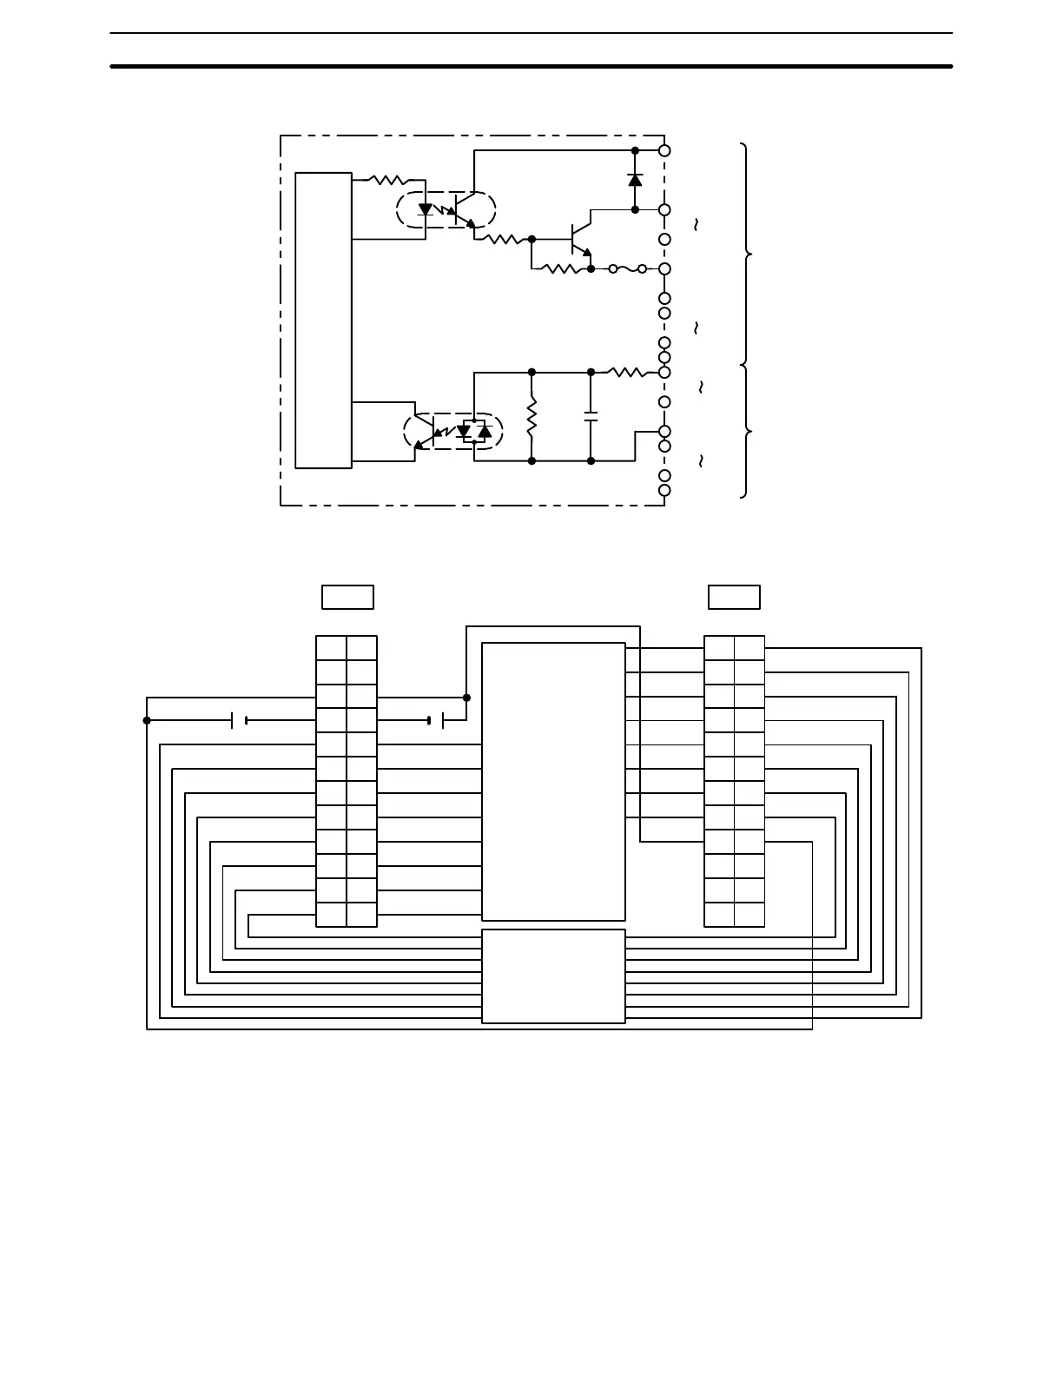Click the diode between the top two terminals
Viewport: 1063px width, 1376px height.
coord(635,180)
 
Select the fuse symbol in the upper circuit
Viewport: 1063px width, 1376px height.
coord(627,269)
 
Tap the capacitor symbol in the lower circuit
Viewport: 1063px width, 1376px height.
coord(591,416)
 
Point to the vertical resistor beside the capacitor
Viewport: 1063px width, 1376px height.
coord(531,416)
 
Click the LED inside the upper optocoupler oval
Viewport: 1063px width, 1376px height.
coord(426,209)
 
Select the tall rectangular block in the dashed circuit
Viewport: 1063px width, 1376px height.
coord(323,320)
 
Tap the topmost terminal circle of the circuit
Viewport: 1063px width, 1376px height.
coord(664,150)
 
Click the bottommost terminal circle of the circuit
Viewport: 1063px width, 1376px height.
coord(664,490)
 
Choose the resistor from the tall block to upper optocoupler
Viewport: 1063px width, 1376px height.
coord(389,180)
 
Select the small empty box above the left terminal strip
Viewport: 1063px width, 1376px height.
coord(347,597)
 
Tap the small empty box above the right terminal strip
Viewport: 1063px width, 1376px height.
coord(734,597)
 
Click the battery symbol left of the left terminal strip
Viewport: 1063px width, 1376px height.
coord(239,720)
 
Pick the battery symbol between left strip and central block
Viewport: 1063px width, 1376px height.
coord(436,720)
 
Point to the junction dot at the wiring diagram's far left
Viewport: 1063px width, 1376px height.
coord(147,720)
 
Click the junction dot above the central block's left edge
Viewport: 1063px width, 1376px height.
coord(466,698)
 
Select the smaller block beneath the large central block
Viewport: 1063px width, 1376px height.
coord(553,976)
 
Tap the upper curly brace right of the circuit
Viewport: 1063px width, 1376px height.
coord(746,254)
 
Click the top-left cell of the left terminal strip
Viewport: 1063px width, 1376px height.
coord(331,648)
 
